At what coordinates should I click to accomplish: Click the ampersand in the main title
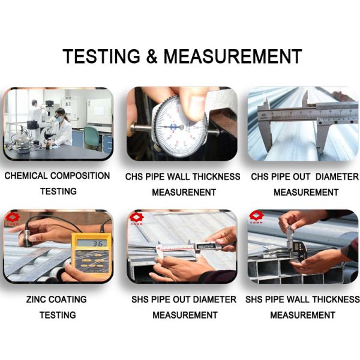click(x=152, y=56)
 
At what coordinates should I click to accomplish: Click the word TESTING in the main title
click(x=101, y=56)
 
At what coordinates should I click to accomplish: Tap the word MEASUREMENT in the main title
click(x=233, y=56)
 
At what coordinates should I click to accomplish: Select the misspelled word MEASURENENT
click(x=184, y=192)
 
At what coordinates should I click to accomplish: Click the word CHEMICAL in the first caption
click(x=26, y=176)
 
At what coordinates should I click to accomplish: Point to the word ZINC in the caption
click(x=36, y=299)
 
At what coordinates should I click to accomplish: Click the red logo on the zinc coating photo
click(x=13, y=219)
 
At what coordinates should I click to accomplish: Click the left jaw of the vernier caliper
click(x=265, y=128)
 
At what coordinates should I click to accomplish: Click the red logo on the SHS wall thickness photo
click(x=256, y=217)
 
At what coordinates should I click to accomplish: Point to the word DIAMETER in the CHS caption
click(x=337, y=176)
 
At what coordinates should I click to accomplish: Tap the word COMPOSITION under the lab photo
click(x=80, y=176)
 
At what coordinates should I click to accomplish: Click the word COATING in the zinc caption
click(x=67, y=299)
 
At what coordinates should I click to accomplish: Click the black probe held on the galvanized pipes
click(x=28, y=237)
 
